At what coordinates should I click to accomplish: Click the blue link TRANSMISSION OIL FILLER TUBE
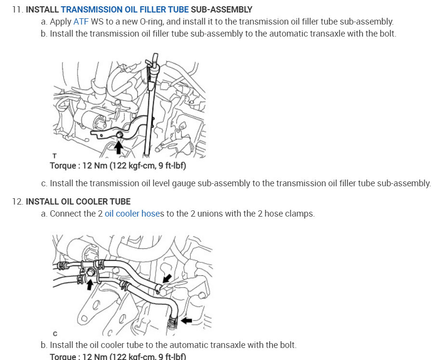(125, 10)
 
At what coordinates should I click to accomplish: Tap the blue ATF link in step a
(81, 22)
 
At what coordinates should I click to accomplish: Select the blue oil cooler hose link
(134, 214)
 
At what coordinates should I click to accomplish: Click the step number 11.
(17, 10)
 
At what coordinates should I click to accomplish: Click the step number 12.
(17, 201)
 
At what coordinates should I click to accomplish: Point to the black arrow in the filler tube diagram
(119, 147)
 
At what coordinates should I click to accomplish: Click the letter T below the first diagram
(54, 156)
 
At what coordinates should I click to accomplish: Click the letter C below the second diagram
(55, 334)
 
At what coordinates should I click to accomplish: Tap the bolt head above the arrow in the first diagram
(119, 135)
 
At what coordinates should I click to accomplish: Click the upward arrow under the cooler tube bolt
(90, 285)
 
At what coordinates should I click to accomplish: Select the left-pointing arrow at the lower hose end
(186, 321)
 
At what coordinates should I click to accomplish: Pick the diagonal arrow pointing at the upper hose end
(167, 278)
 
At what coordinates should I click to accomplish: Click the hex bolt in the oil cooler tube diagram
(90, 272)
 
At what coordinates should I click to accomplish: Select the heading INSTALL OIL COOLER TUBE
(79, 201)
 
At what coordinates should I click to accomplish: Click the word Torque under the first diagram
(63, 166)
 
